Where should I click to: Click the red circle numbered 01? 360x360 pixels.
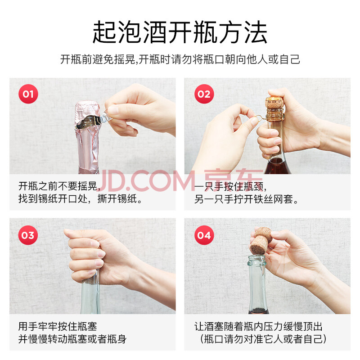tap(28, 94)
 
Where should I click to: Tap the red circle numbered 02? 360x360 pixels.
tap(204, 94)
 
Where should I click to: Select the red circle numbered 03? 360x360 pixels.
tap(28, 235)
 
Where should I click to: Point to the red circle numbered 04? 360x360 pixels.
tap(204, 235)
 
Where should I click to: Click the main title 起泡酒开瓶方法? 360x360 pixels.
tap(180, 32)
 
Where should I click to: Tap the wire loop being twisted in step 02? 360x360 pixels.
tap(258, 118)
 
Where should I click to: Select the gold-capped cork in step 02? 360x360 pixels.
tap(274, 108)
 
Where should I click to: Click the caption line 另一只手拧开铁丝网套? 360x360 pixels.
tap(246, 199)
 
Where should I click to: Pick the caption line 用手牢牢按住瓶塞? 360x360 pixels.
tap(58, 326)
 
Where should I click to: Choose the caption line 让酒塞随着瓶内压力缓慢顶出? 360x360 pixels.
tap(258, 326)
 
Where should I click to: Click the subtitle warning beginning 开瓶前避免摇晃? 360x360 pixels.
tap(180, 59)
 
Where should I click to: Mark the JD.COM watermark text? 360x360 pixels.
tap(181, 181)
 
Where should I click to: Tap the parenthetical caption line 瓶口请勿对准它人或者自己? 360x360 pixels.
tap(263, 339)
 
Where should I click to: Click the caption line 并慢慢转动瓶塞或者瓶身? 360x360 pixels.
tap(72, 339)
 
